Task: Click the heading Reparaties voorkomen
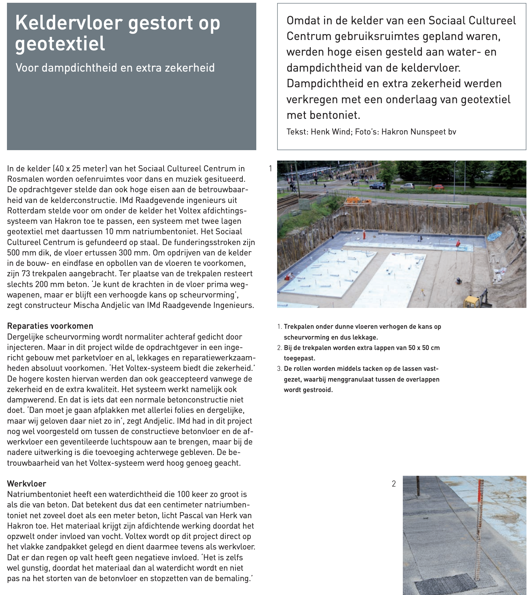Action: click(x=50, y=326)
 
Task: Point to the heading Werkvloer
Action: click(x=26, y=483)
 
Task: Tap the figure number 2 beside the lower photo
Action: click(x=393, y=483)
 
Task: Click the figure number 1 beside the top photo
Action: click(x=271, y=169)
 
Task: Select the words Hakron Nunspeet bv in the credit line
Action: click(x=418, y=132)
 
